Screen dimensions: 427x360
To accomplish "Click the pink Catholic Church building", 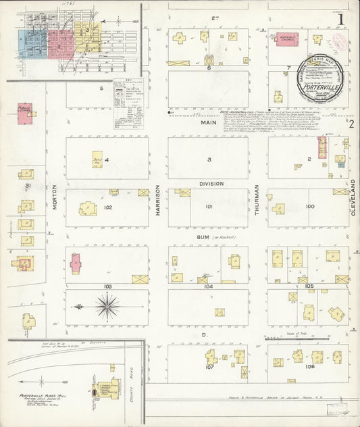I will click(286, 39).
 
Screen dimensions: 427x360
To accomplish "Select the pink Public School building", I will click(25, 114).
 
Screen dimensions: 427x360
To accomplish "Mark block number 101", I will click(209, 206).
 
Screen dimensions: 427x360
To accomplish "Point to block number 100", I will click(309, 206).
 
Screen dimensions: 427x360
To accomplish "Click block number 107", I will click(209, 368).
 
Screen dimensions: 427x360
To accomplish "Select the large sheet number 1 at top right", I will click(342, 20).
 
